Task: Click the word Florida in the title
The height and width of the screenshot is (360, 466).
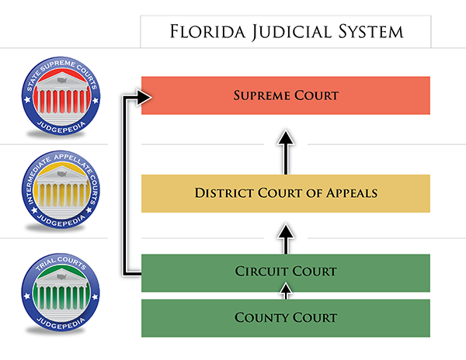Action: point(207,32)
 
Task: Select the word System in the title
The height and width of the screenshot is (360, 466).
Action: point(371,32)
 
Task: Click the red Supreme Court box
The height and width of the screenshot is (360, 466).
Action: point(286,95)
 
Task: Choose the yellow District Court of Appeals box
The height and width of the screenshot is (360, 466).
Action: point(286,193)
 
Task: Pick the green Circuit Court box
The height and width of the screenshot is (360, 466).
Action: point(286,273)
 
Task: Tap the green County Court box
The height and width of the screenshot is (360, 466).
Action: point(286,318)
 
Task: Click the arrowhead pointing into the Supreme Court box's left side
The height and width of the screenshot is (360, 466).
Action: point(144,97)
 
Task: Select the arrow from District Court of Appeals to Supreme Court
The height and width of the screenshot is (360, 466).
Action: point(286,152)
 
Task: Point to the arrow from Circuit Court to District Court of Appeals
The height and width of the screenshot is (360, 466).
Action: point(286,239)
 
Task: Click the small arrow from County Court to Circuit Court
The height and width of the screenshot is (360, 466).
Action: point(286,291)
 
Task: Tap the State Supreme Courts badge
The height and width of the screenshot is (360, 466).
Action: point(61,96)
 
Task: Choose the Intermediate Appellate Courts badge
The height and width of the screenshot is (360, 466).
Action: point(61,189)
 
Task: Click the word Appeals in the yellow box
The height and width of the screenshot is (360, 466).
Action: point(352,193)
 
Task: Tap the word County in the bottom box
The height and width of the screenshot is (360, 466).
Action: point(258,317)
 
